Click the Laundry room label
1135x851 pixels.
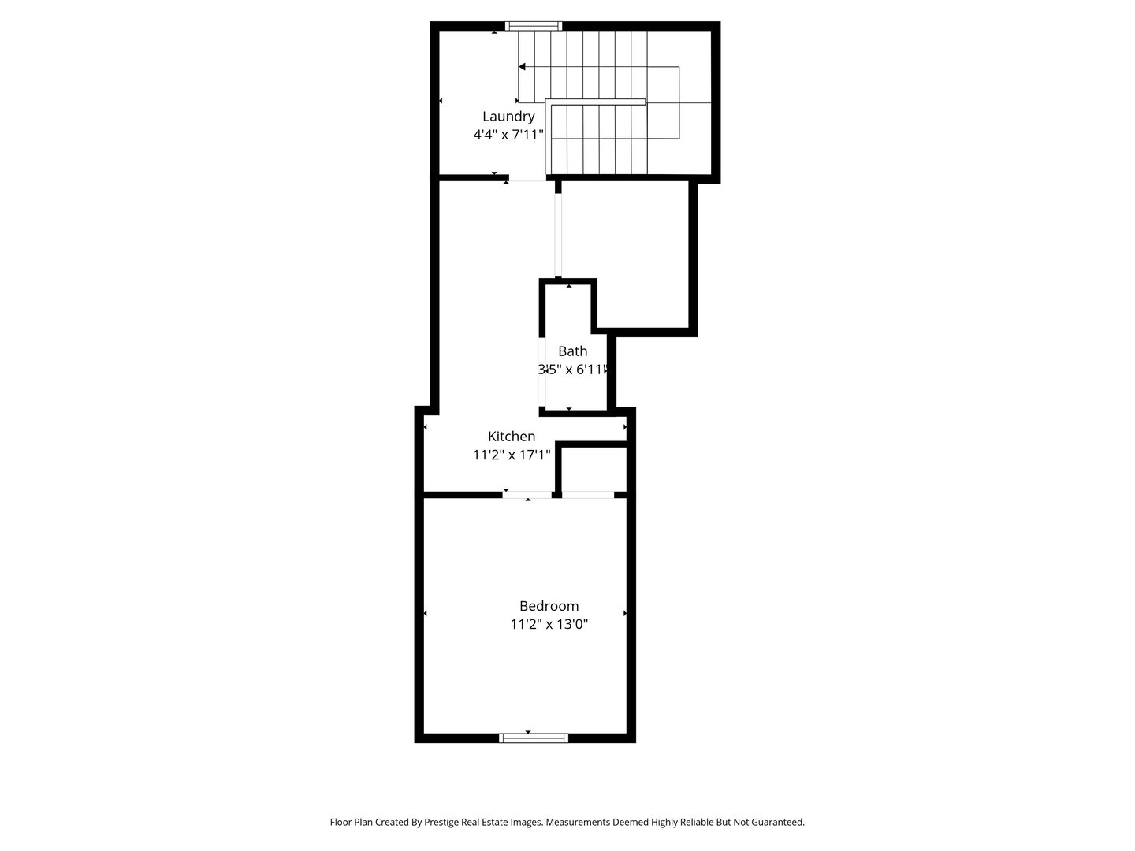tap(508, 117)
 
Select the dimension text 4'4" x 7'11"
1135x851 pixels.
tap(508, 135)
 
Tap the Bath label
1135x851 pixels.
tap(572, 351)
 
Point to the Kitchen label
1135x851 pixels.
tap(512, 437)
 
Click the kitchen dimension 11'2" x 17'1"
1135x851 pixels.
tap(512, 455)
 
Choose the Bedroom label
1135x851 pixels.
tap(549, 606)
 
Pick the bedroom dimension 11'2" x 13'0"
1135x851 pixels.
tap(549, 625)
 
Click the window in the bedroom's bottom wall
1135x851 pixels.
tap(534, 738)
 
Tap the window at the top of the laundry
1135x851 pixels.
tap(534, 26)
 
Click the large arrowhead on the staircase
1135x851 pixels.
tap(522, 67)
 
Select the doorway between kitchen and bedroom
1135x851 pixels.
tap(528, 495)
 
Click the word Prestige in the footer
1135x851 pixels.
tap(447, 822)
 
